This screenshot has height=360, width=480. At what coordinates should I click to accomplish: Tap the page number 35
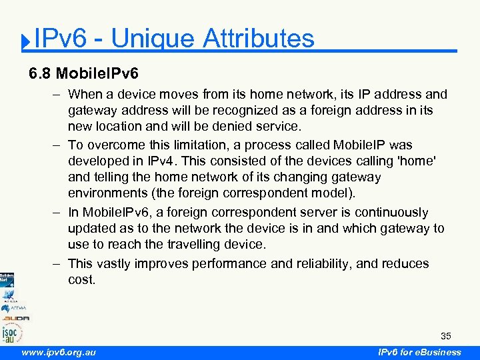[445, 335]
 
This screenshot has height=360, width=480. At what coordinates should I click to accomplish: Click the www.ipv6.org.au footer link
[59, 352]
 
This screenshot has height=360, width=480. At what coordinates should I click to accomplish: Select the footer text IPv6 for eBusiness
[419, 352]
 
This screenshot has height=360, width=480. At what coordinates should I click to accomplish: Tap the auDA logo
[15, 319]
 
